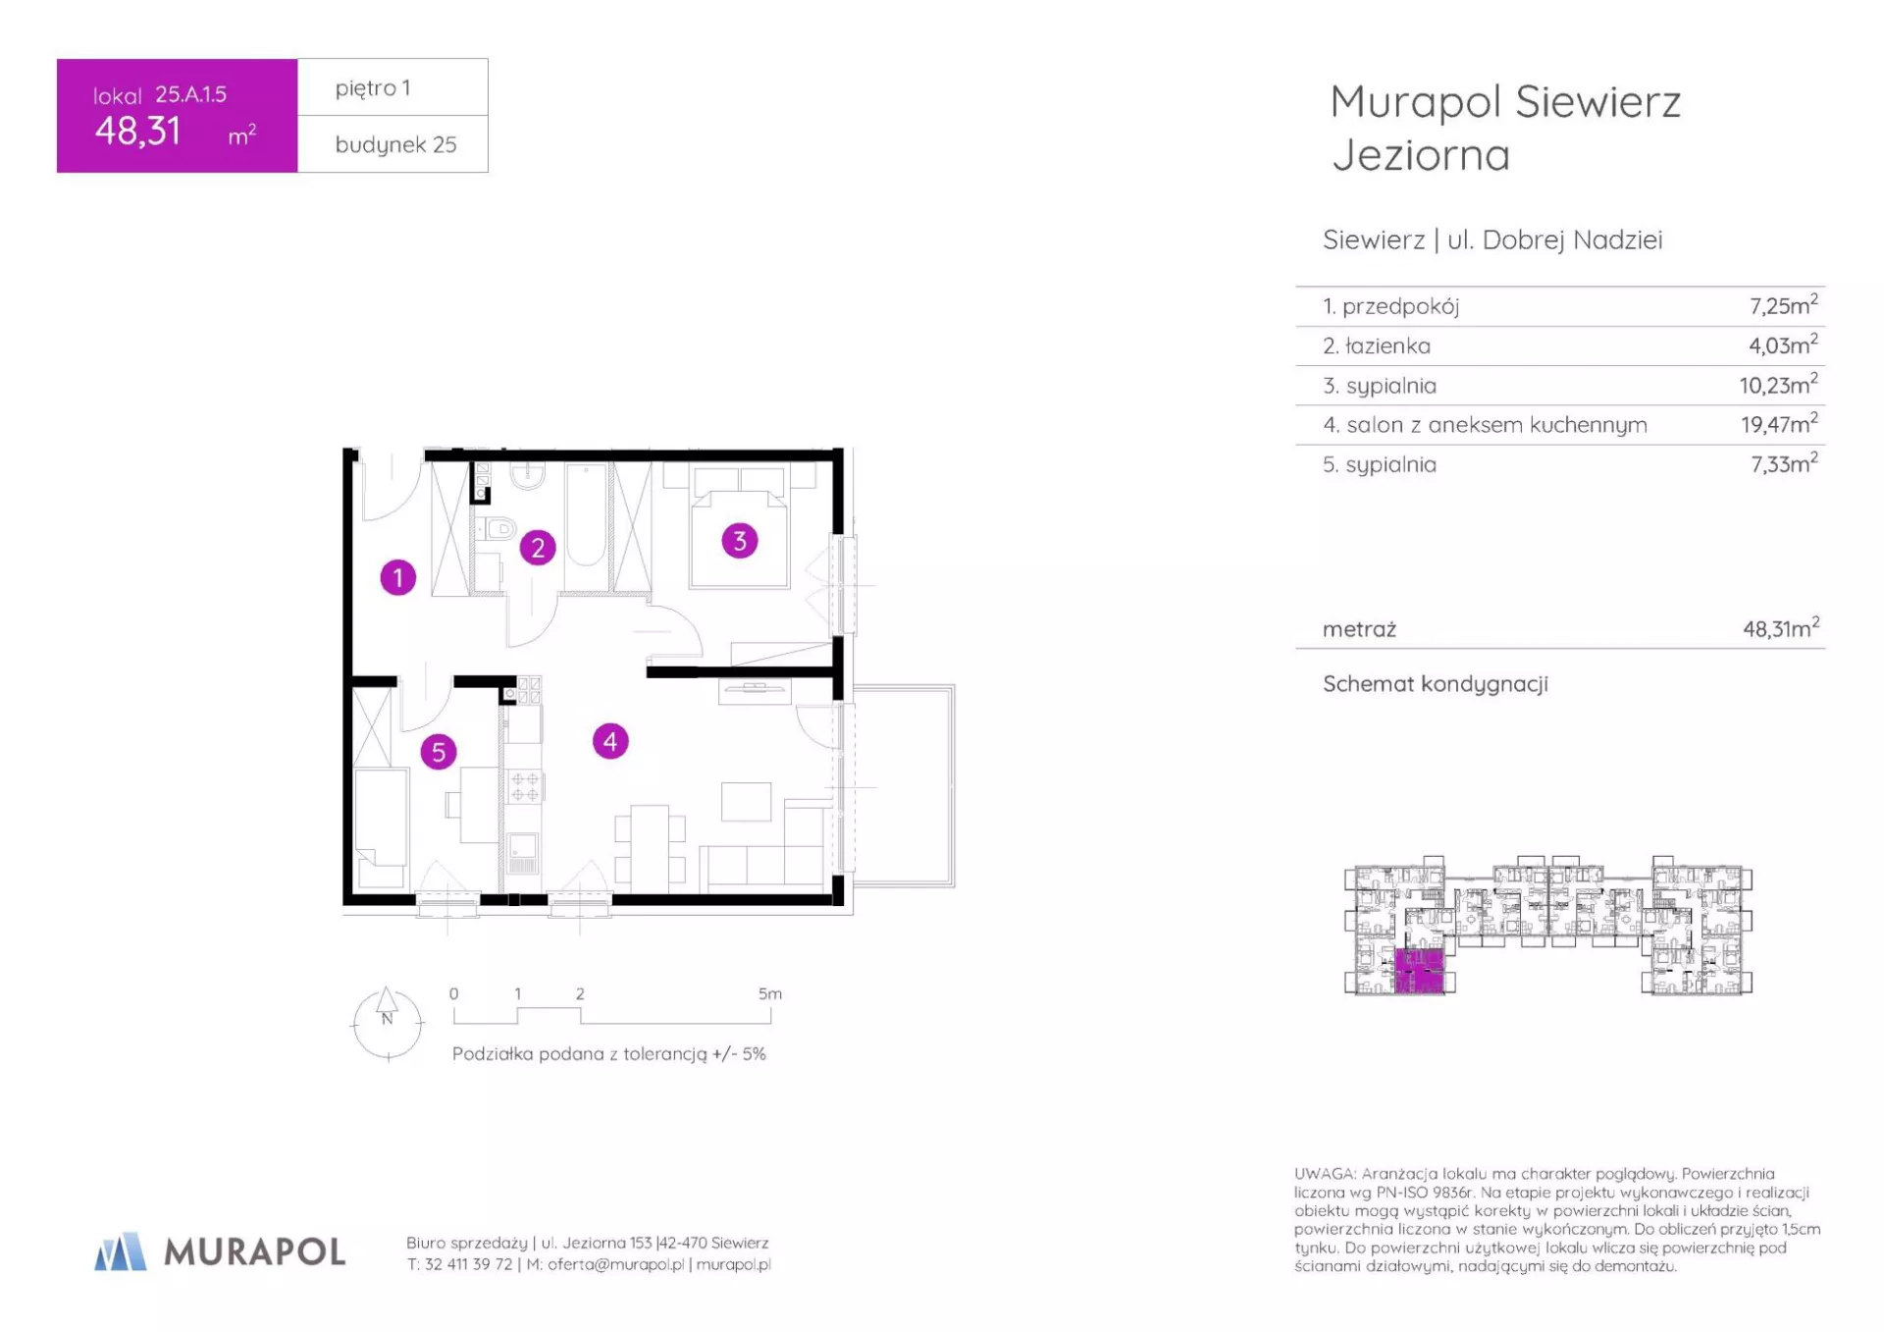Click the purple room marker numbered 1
pos(397,577)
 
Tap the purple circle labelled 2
pos(538,548)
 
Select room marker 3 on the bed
pos(740,540)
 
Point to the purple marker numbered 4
pos(610,741)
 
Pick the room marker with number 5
pos(439,752)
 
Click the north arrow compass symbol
pos(388,1024)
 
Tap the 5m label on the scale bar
pos(770,993)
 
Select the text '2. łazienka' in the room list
pos(1376,346)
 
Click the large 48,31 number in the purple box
pos(137,131)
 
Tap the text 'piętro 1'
pos(373,88)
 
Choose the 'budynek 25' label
pos(395,144)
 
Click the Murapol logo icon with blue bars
pos(120,1252)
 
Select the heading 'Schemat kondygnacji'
pos(1435,683)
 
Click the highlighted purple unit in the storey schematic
pos(1419,971)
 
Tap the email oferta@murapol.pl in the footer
pos(616,1264)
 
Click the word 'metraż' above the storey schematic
pos(1359,629)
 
